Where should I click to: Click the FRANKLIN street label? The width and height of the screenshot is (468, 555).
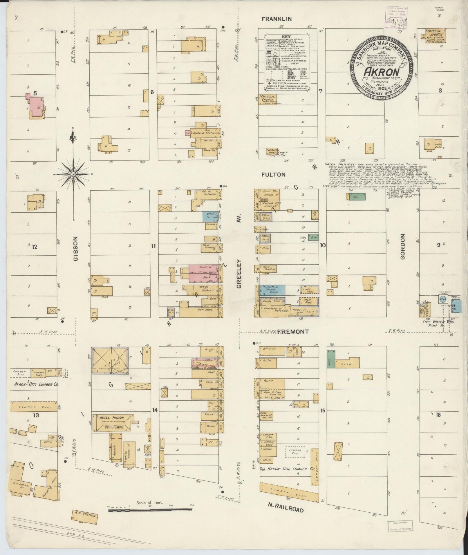coord(276,19)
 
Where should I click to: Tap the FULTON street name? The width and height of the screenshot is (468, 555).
coord(273,175)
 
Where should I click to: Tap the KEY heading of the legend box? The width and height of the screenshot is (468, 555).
coord(282,37)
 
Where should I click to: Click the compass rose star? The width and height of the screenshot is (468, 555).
coord(73,174)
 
